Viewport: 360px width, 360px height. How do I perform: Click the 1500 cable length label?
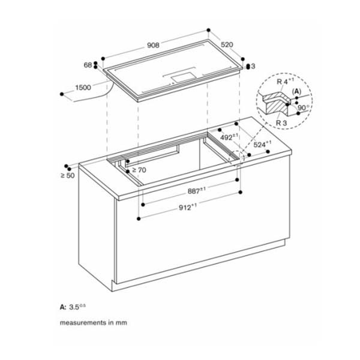[x=83, y=88]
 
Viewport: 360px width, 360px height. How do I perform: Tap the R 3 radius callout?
[x=281, y=122]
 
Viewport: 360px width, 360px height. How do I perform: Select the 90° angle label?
[x=303, y=108]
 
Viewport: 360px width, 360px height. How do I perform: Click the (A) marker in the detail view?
[x=296, y=92]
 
